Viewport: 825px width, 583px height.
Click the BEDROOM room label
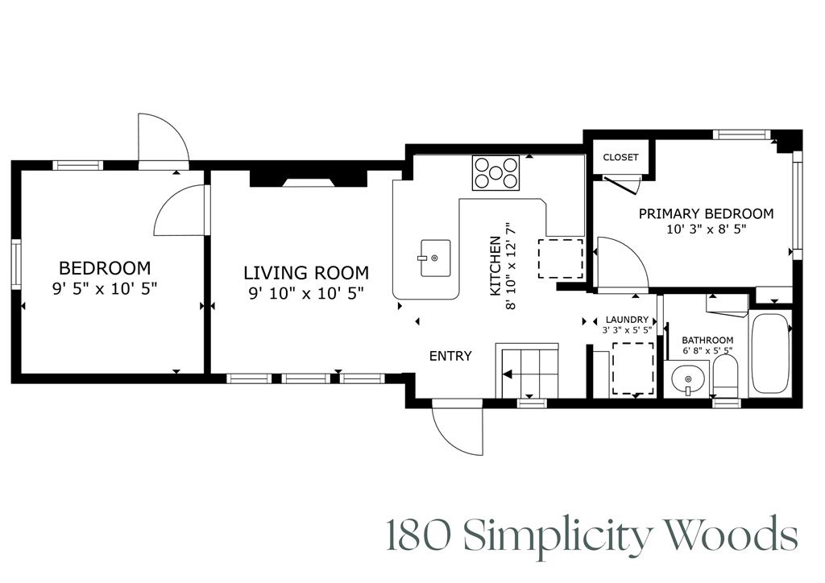pos(105,267)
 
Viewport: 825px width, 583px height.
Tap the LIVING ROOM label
pos(306,273)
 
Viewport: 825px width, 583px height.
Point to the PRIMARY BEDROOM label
pos(706,213)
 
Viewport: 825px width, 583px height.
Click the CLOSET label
pos(620,157)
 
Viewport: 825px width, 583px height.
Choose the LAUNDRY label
pos(627,320)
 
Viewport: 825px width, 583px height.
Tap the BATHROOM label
pos(707,340)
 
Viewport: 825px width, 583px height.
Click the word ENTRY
pos(450,356)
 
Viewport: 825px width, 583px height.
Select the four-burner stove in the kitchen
pos(495,172)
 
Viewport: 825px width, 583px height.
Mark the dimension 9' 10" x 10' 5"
pos(306,293)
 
